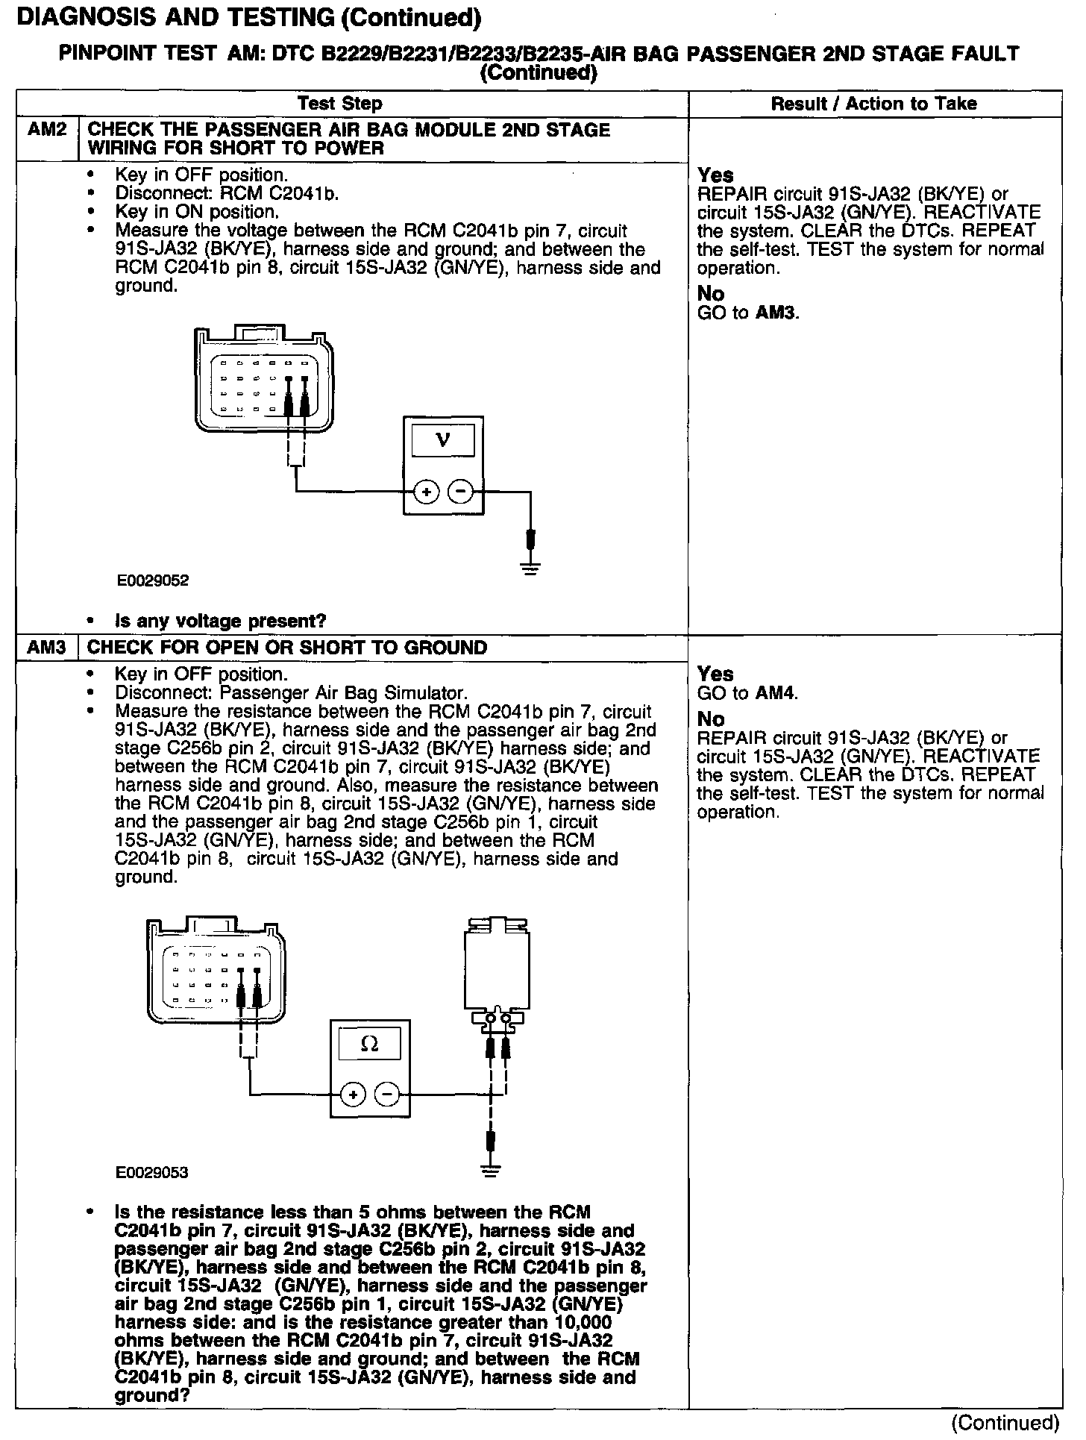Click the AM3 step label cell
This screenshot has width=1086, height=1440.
(47, 647)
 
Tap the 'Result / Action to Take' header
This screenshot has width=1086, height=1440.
(873, 104)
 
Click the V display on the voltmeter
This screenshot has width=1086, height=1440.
(443, 439)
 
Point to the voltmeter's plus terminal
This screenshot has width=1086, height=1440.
(426, 492)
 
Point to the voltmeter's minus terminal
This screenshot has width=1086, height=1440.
(460, 492)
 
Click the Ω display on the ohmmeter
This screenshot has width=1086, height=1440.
(369, 1045)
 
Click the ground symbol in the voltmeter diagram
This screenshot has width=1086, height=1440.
(530, 572)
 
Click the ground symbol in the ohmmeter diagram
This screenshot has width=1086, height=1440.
(490, 1171)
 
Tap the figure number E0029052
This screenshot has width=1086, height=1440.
(152, 580)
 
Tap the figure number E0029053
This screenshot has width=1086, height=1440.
(152, 1172)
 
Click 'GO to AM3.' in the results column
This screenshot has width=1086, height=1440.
(748, 312)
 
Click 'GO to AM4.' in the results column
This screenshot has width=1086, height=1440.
(747, 692)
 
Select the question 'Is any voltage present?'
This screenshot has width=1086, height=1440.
(221, 621)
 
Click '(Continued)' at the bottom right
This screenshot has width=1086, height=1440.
(1005, 1423)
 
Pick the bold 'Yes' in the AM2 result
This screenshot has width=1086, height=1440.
(715, 175)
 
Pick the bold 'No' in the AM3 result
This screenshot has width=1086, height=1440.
(711, 719)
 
